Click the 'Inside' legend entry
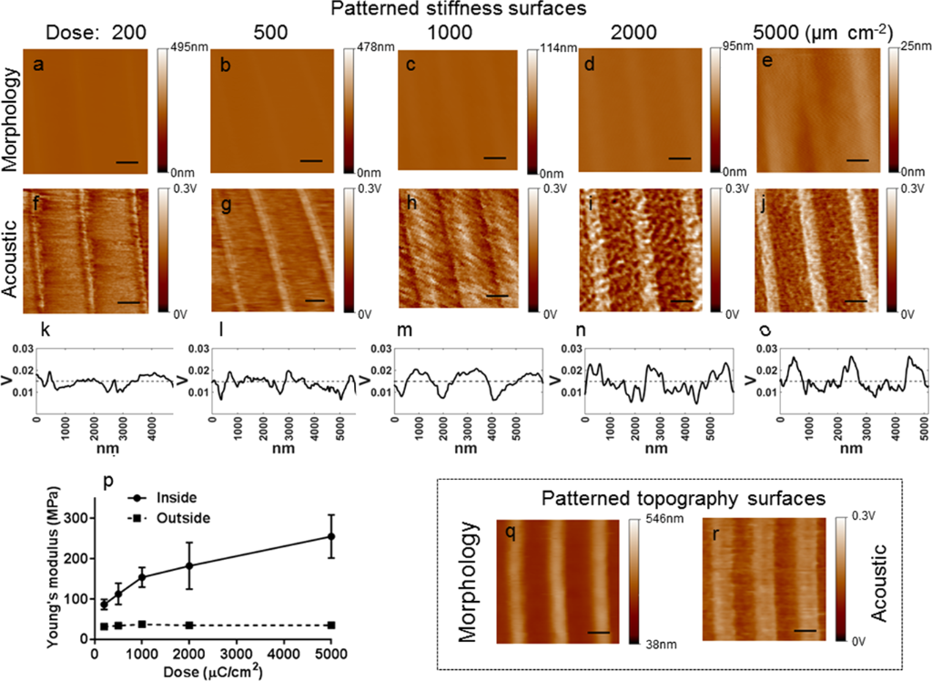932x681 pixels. pos(177,497)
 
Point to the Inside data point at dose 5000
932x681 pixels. pos(331,536)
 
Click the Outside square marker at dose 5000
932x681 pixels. pos(331,625)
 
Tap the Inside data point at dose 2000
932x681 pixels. pos(189,565)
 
